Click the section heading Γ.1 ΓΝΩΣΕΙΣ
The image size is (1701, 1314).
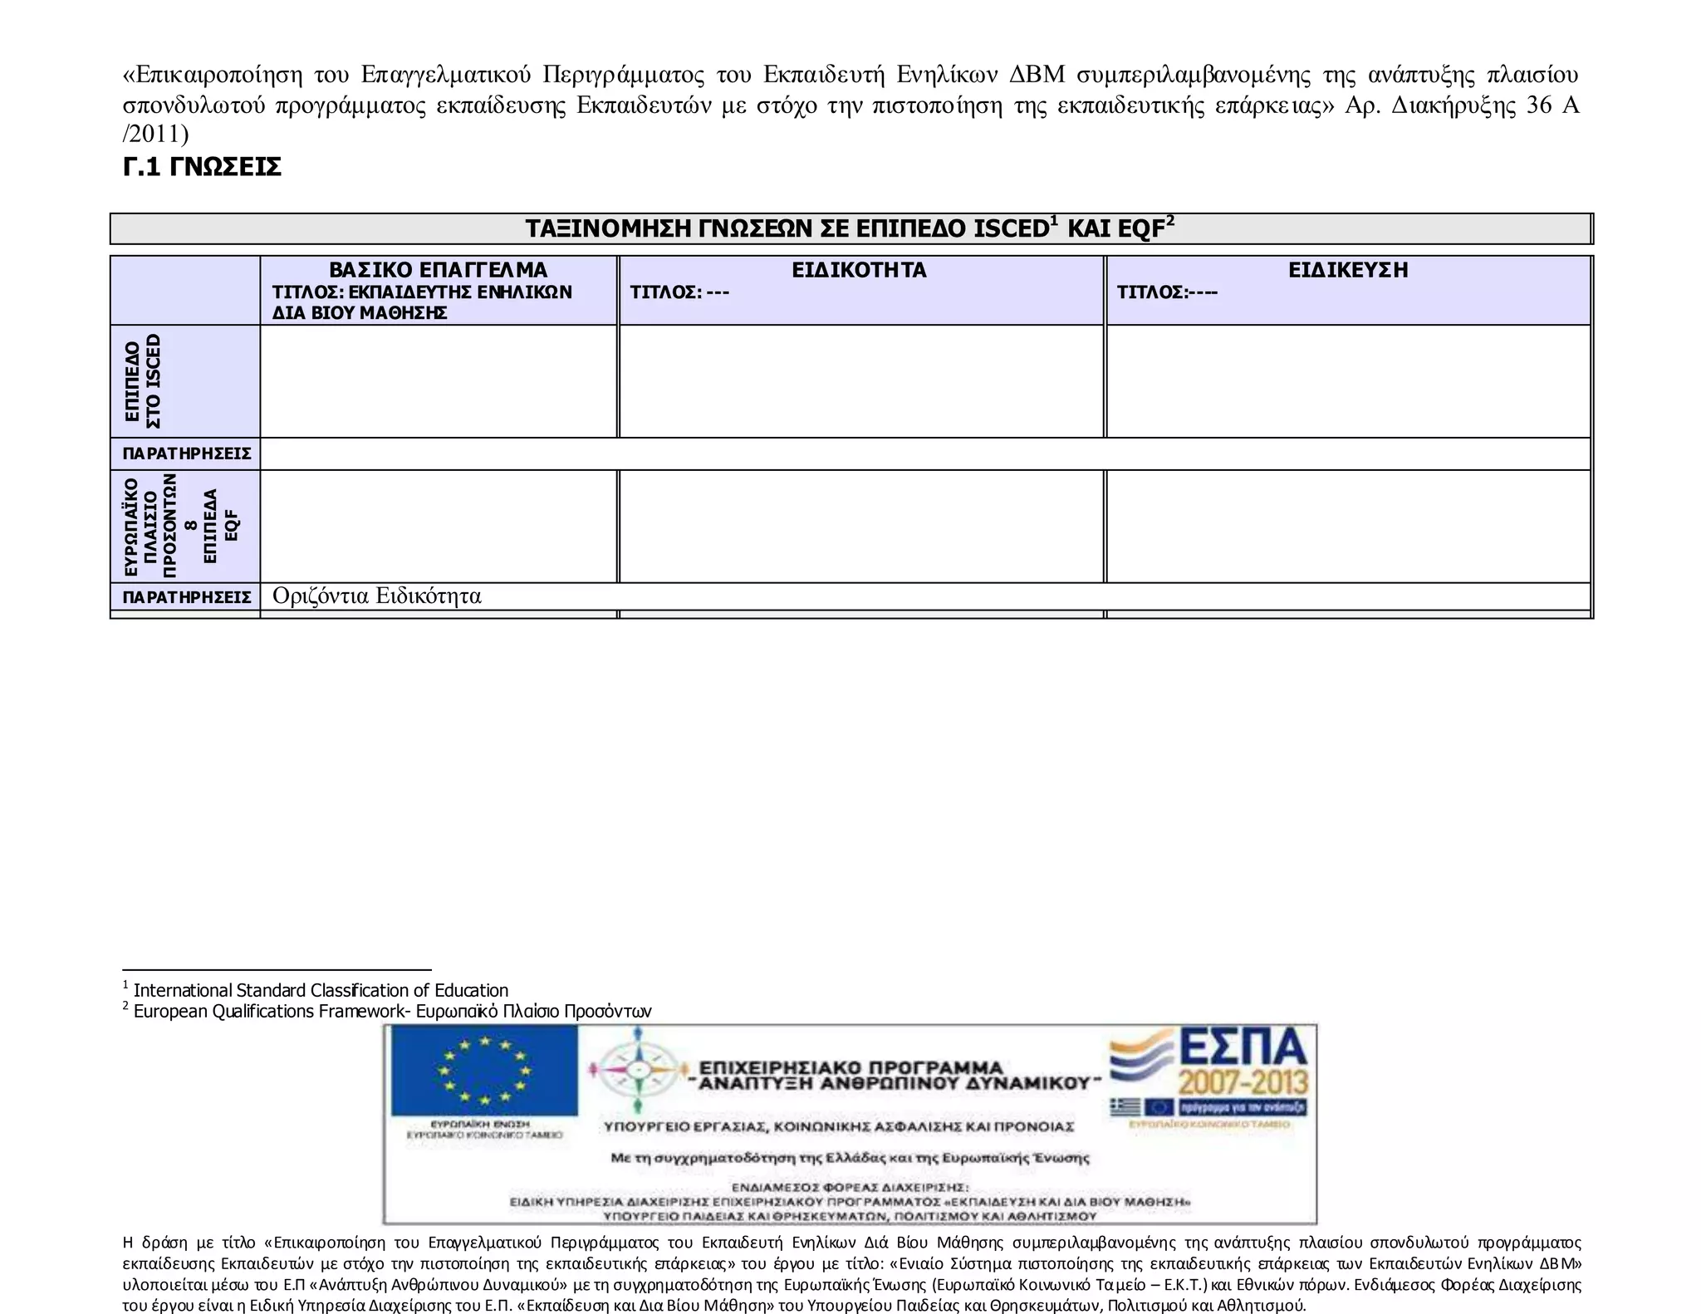202,167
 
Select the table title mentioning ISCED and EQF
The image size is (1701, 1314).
850,228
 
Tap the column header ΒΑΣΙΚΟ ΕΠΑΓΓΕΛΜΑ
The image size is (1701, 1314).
438,270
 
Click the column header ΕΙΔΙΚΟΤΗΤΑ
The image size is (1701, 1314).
859,270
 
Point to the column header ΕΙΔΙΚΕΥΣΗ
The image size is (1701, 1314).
1347,270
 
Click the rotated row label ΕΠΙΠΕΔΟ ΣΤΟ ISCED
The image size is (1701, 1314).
143,381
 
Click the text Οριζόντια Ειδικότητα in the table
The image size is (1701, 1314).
376,596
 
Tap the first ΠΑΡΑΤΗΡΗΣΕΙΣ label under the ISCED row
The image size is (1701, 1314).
186,454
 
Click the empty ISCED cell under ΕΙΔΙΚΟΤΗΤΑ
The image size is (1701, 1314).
860,381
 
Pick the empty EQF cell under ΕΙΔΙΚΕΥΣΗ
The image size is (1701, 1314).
1347,526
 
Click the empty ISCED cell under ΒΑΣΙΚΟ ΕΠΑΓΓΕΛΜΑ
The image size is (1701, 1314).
438,381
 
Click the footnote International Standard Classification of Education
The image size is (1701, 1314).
320,990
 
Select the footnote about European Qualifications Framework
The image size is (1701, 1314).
391,1011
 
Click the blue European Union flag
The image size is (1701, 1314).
484,1071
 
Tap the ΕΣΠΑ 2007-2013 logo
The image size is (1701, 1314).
1209,1071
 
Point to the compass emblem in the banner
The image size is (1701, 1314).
638,1068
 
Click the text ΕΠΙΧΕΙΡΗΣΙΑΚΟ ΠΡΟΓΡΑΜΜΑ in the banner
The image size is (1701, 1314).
850,1067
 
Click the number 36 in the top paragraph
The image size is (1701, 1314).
1539,105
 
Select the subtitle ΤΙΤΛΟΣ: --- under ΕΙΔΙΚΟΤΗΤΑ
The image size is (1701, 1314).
679,292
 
